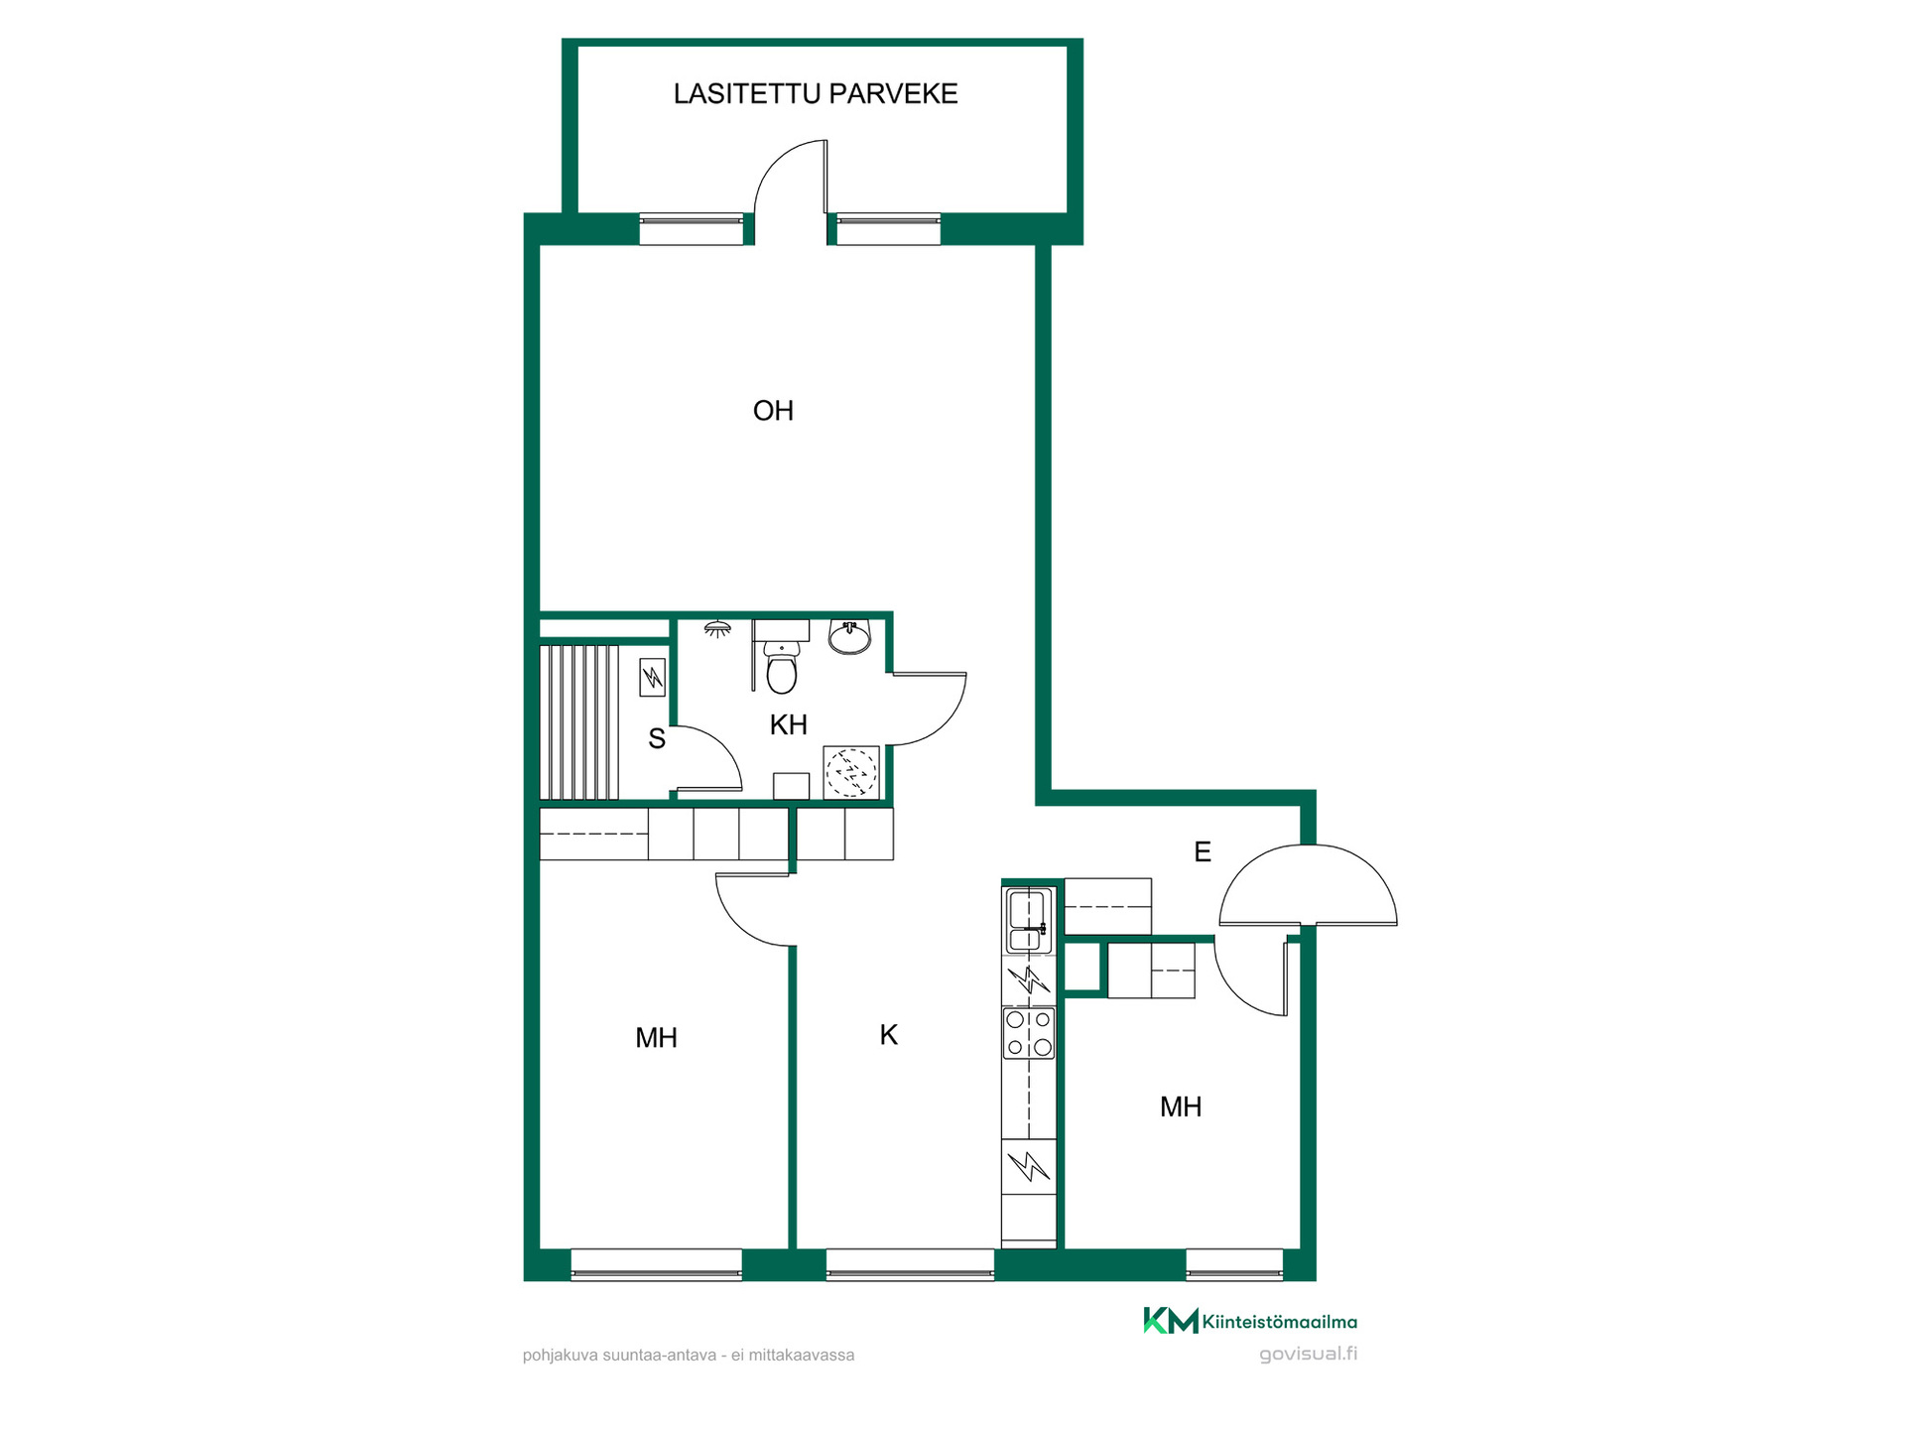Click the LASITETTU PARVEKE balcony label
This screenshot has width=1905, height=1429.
coord(816,93)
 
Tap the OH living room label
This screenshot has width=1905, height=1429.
coord(773,411)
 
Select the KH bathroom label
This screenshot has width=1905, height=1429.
coord(789,724)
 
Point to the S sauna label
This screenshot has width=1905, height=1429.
coord(657,738)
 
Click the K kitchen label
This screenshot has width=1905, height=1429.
coord(889,1035)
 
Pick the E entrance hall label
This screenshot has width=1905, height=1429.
coord(1203,851)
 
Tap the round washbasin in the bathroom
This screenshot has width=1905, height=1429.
coord(849,636)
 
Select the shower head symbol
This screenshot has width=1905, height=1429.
coord(717,629)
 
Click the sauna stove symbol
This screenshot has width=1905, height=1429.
coord(653,677)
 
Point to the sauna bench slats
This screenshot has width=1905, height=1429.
coord(579,722)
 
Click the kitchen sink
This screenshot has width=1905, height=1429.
coord(1029,921)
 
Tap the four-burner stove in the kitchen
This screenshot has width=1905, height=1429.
coord(1029,1033)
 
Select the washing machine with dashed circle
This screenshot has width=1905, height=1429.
coord(851,772)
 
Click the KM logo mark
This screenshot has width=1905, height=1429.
coord(1171,1321)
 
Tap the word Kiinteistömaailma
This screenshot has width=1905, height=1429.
coord(1280,1322)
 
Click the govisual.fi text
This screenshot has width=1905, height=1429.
coord(1308,1355)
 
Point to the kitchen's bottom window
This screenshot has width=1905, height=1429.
coord(910,1264)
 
